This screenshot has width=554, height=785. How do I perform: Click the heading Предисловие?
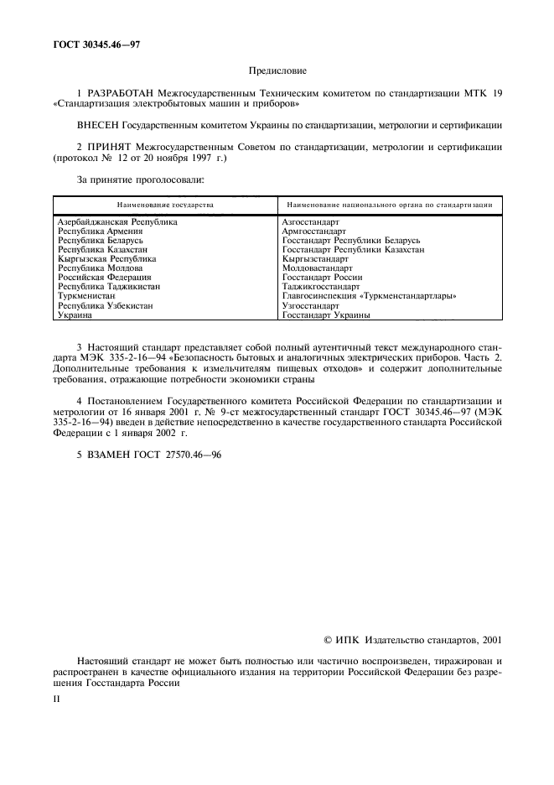[277, 73]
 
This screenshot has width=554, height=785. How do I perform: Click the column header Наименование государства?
[165, 205]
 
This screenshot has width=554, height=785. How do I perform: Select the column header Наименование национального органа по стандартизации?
[388, 205]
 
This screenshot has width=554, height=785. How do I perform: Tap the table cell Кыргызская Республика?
[106, 259]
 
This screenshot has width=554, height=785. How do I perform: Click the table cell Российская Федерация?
[105, 278]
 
